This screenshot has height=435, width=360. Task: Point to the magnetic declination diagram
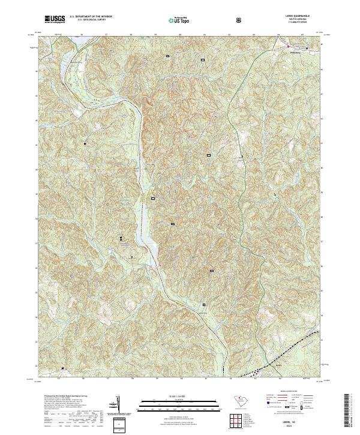tap(118, 406)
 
